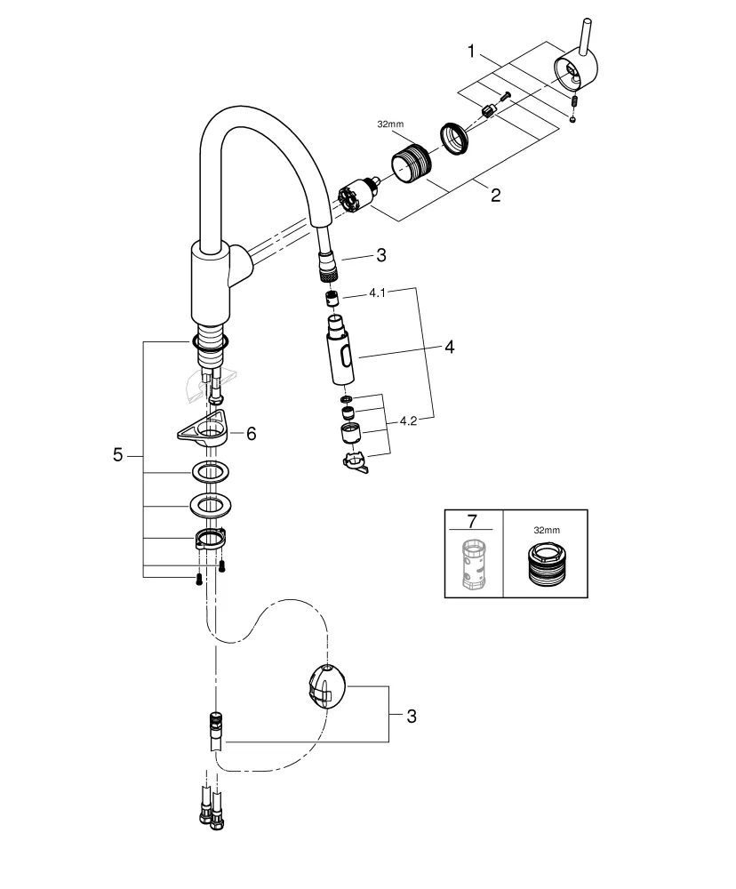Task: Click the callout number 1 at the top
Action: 472,52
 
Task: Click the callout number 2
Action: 496,195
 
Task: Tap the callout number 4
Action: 449,348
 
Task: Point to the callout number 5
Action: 118,454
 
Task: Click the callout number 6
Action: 251,433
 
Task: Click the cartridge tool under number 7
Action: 472,564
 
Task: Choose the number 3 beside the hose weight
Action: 409,715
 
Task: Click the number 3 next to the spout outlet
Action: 380,256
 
